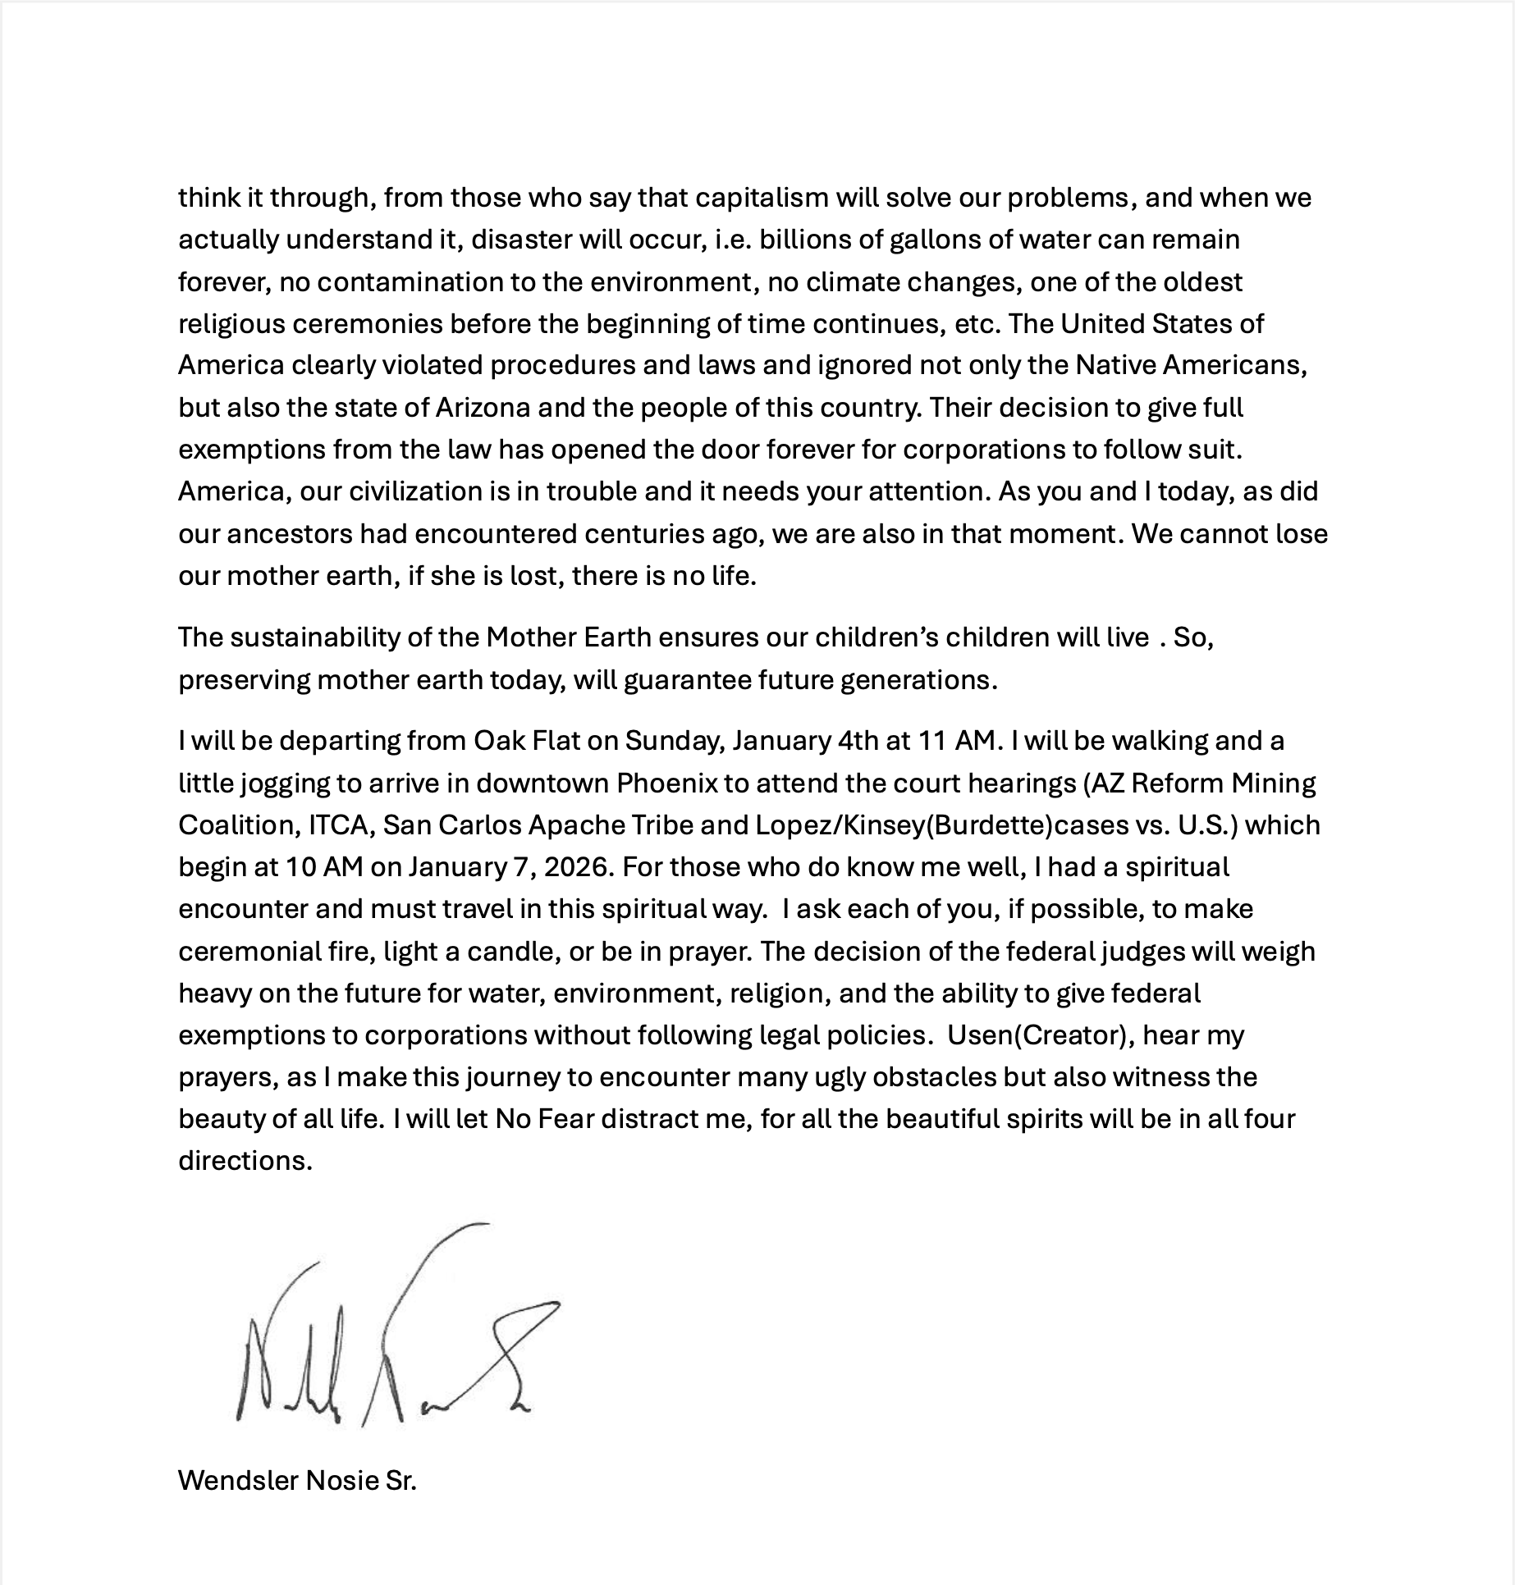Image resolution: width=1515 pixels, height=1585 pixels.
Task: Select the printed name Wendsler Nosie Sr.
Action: [x=297, y=1481]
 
